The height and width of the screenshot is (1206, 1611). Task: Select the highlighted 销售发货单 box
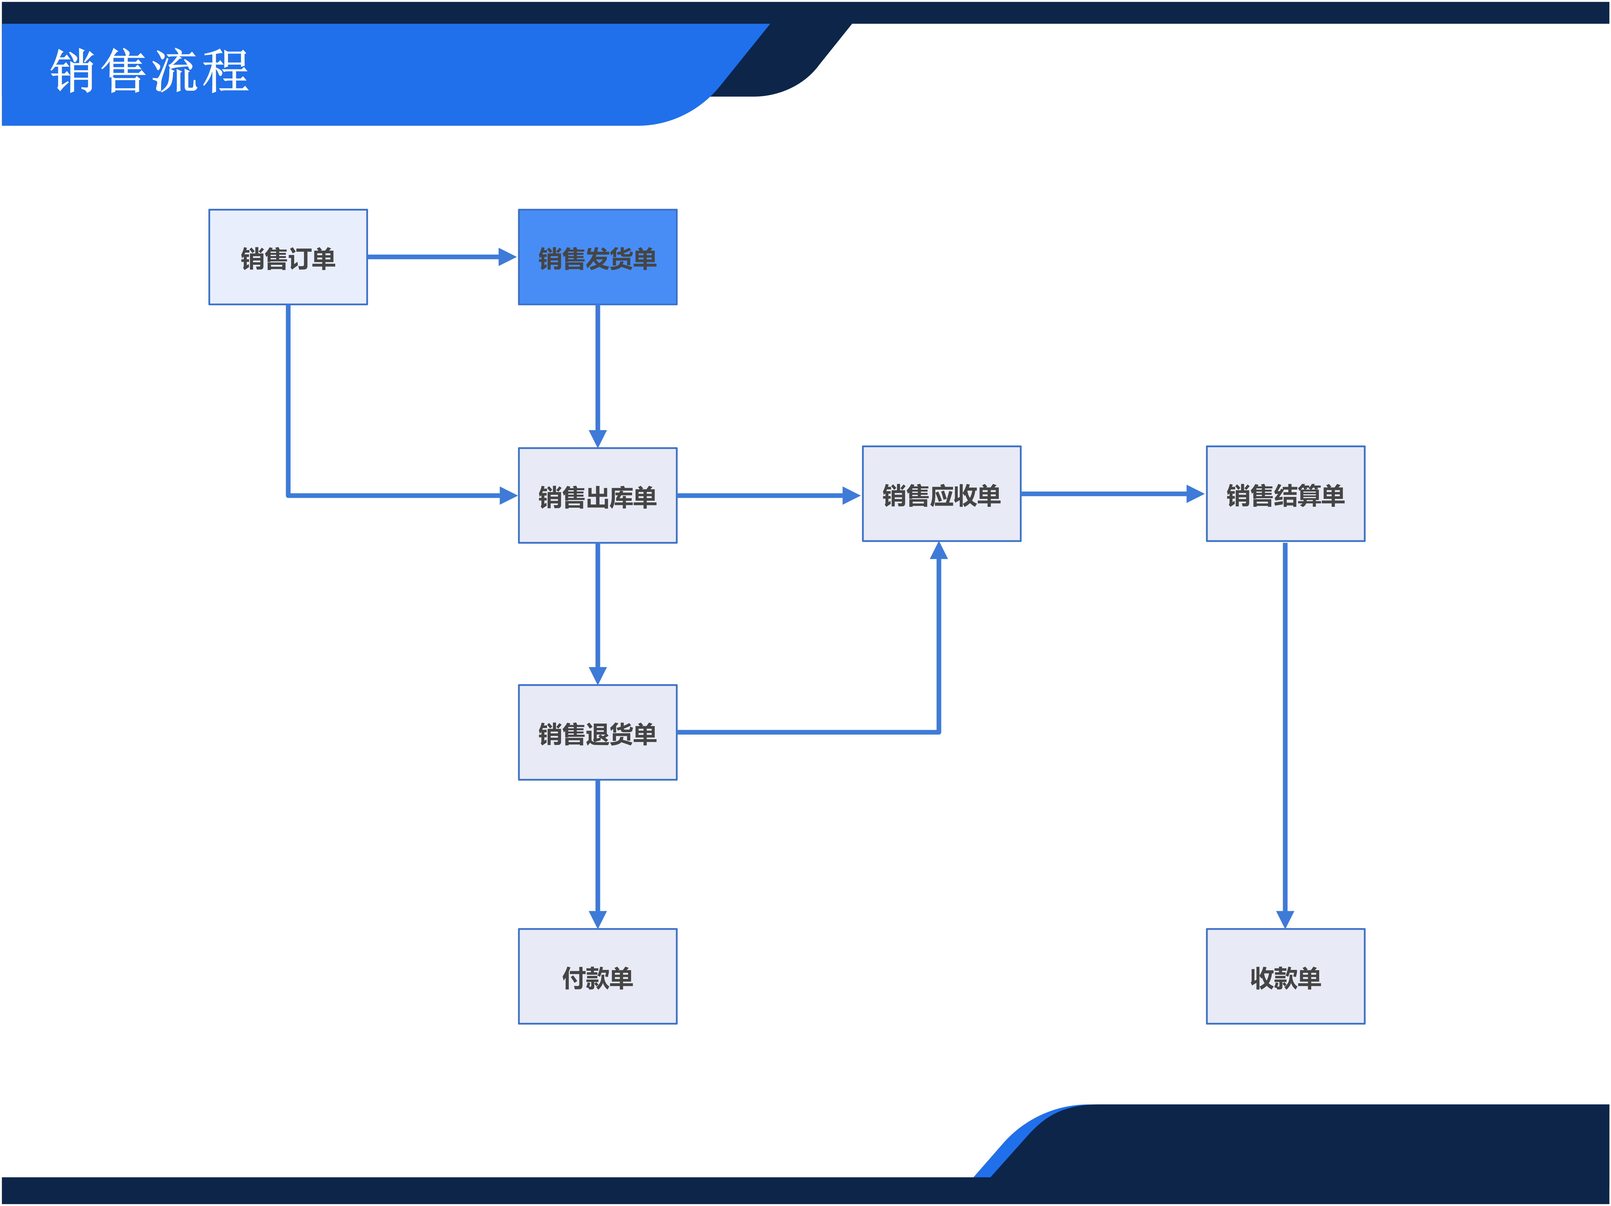[x=597, y=257]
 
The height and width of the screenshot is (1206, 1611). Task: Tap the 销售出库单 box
[x=597, y=495]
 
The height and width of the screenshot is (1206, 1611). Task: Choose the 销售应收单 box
[x=942, y=493]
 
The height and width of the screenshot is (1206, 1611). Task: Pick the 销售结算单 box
[x=1285, y=493]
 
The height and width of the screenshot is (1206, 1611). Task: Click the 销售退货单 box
[x=597, y=732]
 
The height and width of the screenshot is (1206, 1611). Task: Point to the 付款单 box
[x=597, y=976]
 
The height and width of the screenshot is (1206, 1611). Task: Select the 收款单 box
[x=1285, y=976]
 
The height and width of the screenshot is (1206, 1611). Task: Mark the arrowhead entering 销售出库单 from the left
[x=508, y=495]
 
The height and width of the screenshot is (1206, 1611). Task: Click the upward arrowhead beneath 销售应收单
[x=939, y=551]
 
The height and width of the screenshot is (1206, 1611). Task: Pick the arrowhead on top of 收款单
[x=1285, y=920]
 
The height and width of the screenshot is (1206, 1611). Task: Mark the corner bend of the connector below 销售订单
[x=288, y=495]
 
